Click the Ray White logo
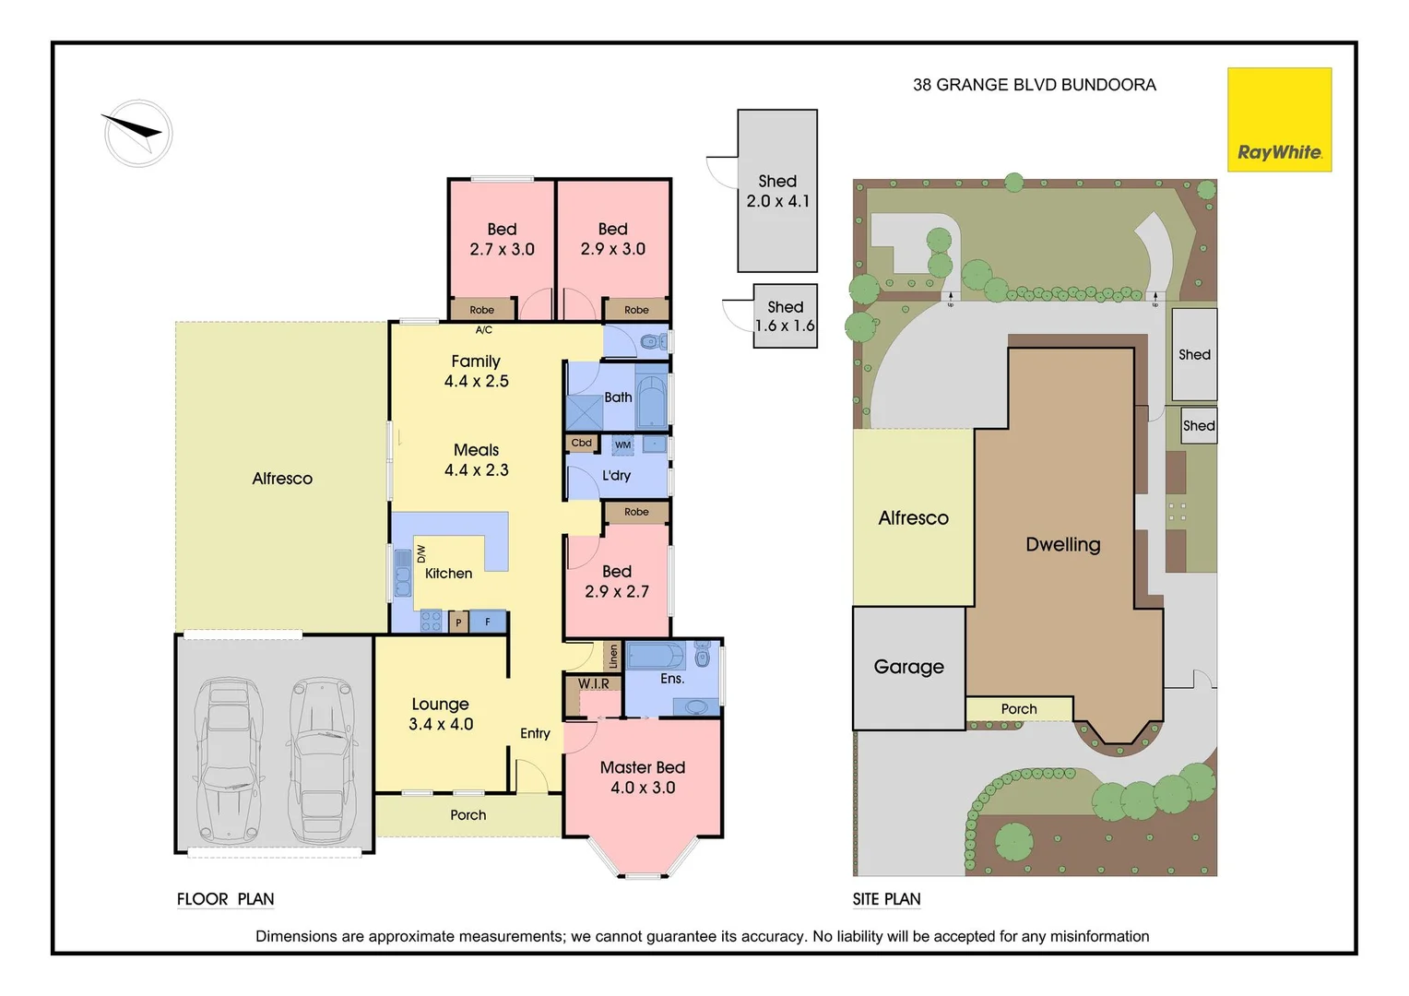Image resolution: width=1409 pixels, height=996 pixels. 1279,120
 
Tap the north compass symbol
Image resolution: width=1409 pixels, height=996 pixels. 138,133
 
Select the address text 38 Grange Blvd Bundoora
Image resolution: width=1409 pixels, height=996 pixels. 1034,85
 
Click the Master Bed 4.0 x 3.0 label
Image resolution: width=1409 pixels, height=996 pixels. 643,777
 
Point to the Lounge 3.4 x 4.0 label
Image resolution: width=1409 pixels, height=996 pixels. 441,714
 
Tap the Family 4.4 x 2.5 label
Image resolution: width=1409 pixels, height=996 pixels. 476,371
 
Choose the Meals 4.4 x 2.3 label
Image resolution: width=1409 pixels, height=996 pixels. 476,459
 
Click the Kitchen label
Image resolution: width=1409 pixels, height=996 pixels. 448,574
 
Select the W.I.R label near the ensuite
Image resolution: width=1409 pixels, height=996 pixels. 594,683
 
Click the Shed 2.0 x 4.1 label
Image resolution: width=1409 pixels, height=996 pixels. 777,191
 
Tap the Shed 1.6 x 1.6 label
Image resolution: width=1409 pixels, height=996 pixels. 785,316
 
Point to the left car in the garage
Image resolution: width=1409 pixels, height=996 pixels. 227,761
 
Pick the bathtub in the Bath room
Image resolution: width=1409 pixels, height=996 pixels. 651,398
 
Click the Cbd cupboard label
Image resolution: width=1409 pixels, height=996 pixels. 582,443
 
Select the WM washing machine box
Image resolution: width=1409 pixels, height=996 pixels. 623,445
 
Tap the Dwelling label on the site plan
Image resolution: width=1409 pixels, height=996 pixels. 1062,544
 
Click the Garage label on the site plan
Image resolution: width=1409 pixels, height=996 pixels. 908,667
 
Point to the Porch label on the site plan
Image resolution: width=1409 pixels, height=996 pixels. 1019,709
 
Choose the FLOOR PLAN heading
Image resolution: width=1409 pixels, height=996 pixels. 225,899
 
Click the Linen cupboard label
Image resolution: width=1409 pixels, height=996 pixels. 613,657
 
